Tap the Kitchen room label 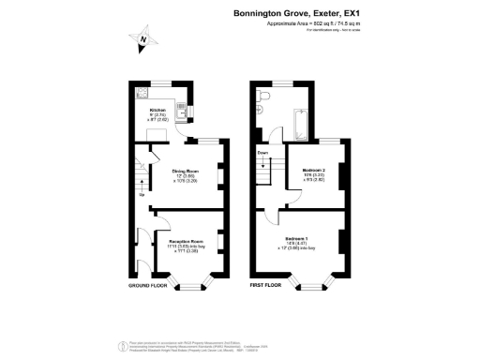[157, 115]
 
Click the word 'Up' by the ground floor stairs [142, 196]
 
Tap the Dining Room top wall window [205, 141]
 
